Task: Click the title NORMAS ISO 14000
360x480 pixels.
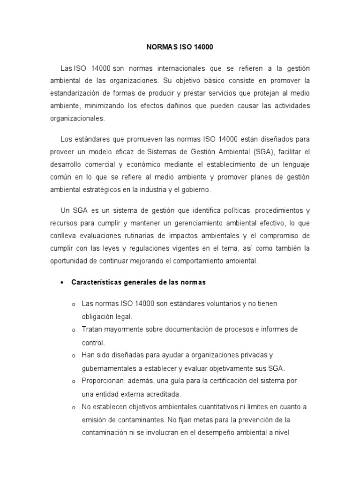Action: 180,47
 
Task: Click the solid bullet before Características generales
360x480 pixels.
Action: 62,283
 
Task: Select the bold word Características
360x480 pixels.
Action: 96,283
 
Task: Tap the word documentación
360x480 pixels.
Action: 187,330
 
